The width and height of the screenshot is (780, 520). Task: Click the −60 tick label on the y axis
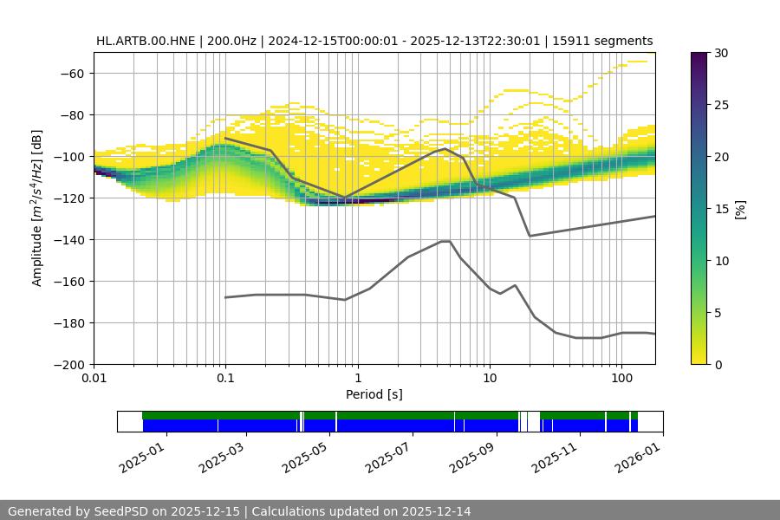pyautogui.click(x=70, y=73)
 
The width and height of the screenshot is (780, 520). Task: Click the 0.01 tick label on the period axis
pyautogui.click(x=94, y=379)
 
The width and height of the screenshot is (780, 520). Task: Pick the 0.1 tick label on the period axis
pyautogui.click(x=225, y=379)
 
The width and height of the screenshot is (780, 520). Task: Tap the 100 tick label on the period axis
pyautogui.click(x=621, y=379)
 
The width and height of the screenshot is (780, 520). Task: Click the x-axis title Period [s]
pyautogui.click(x=374, y=394)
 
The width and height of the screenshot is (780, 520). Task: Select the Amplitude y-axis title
pyautogui.click(x=37, y=208)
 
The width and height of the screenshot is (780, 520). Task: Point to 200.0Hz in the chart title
pyautogui.click(x=231, y=41)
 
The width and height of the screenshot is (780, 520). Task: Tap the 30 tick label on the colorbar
pyautogui.click(x=721, y=53)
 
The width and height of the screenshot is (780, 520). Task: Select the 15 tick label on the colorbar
pyautogui.click(x=721, y=209)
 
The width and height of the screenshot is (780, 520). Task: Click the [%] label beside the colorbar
pyautogui.click(x=740, y=209)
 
